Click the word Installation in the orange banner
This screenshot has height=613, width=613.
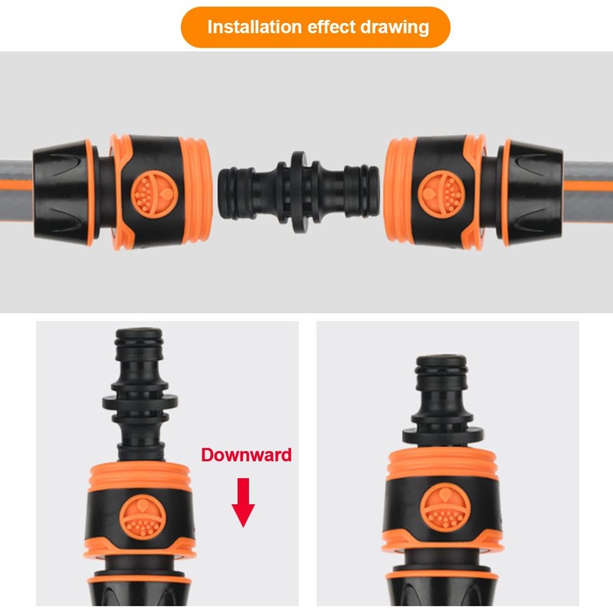254,27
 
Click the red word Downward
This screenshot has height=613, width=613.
246,455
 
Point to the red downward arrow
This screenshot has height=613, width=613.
243,503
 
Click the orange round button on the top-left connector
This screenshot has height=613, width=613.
155,194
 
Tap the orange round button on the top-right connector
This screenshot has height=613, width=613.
441,194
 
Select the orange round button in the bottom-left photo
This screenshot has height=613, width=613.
143,516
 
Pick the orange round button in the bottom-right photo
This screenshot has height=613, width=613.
445,506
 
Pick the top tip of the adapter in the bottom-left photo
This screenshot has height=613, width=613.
139,330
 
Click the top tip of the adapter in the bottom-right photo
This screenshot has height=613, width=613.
441,357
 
